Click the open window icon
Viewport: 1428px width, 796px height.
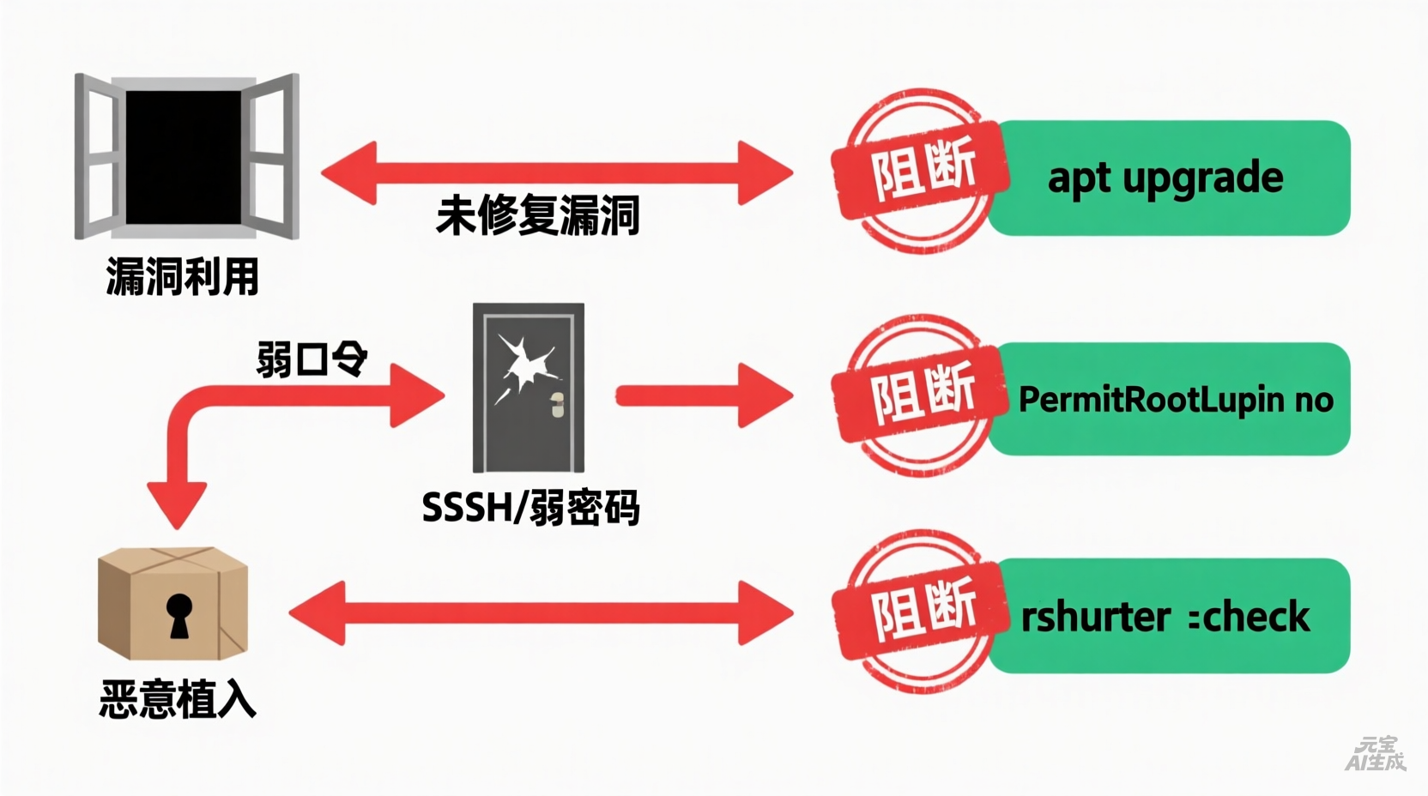186,156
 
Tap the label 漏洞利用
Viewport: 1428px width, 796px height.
182,277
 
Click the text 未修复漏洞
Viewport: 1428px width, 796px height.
538,215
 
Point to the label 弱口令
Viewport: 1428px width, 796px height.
312,359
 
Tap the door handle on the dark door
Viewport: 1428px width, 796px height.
557,405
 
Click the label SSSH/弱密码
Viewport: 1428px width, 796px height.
530,509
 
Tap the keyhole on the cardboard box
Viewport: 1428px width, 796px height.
179,615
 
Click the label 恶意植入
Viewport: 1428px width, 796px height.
178,699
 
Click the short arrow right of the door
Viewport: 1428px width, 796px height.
704,395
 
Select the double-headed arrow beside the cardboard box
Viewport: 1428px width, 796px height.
541,612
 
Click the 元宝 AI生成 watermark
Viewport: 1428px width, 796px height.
1376,753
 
